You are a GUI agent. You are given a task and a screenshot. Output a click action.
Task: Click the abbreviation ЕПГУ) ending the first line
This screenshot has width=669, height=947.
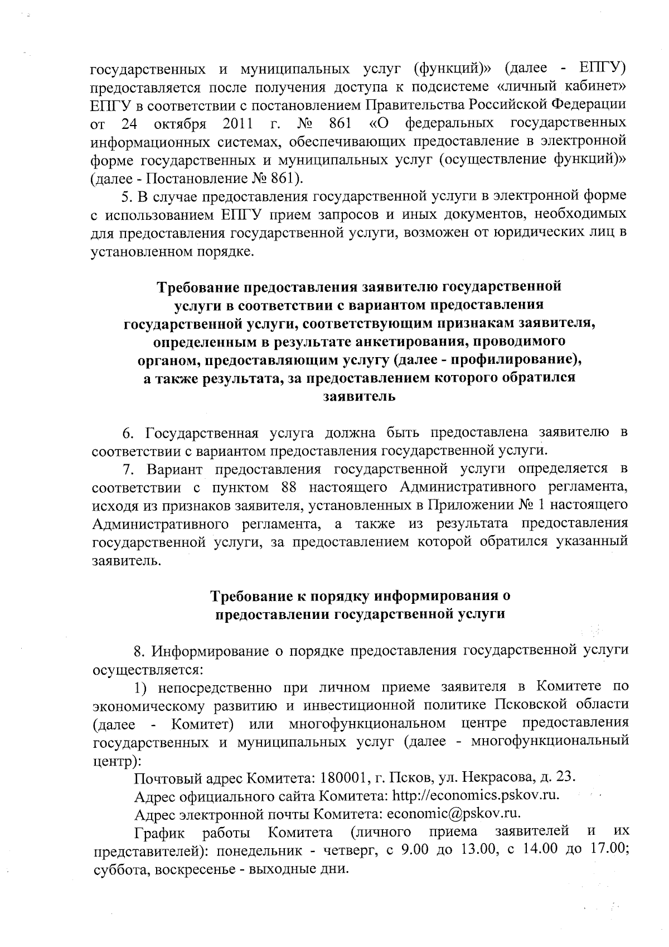603,69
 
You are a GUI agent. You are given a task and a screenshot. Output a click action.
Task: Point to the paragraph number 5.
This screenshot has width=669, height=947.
126,196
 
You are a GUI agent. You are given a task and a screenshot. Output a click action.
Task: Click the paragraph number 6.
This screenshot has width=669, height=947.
127,432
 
